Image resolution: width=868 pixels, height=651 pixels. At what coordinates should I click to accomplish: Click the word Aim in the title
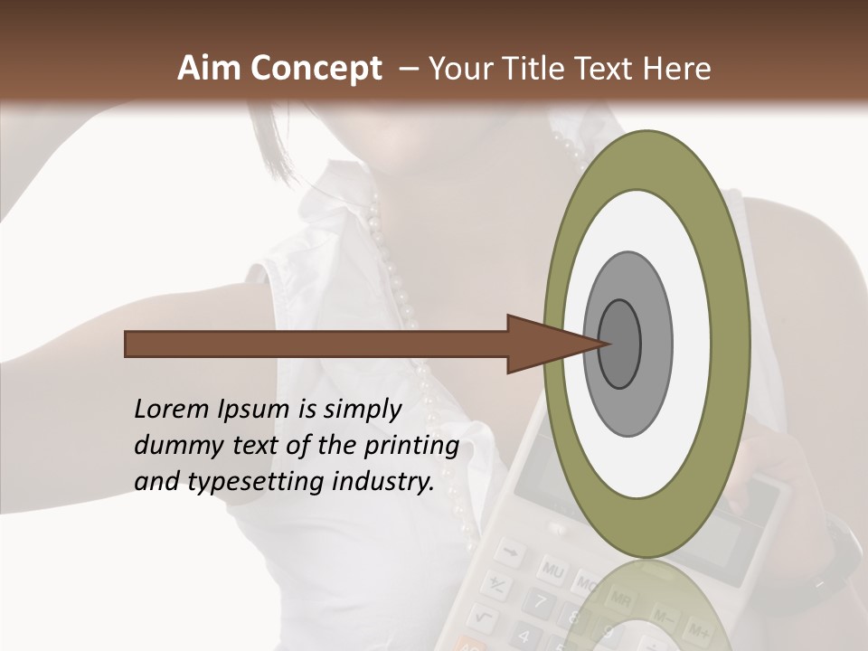209,69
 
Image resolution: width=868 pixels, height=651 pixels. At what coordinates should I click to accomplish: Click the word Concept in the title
314,70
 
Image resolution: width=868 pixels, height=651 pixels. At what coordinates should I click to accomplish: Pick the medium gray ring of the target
656,344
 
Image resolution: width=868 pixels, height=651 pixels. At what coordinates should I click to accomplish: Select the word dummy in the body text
172,446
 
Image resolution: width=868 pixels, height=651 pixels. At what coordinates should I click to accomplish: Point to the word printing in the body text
410,446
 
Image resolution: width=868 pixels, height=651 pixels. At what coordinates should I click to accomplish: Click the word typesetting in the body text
252,483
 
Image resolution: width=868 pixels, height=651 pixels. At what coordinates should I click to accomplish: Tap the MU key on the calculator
552,571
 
